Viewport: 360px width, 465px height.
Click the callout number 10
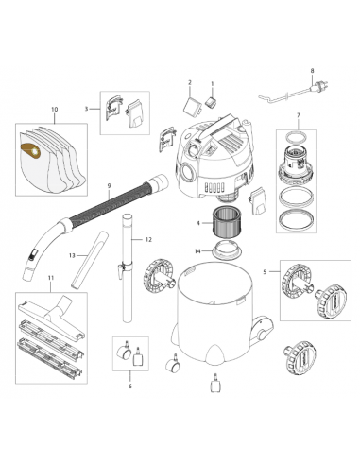[x=53, y=111]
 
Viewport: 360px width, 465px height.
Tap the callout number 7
[x=297, y=116]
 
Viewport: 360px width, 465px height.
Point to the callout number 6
[x=129, y=386]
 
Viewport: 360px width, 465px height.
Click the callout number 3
[x=87, y=110]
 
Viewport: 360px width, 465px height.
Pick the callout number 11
[x=51, y=277]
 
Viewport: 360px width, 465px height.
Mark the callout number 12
[x=146, y=242]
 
